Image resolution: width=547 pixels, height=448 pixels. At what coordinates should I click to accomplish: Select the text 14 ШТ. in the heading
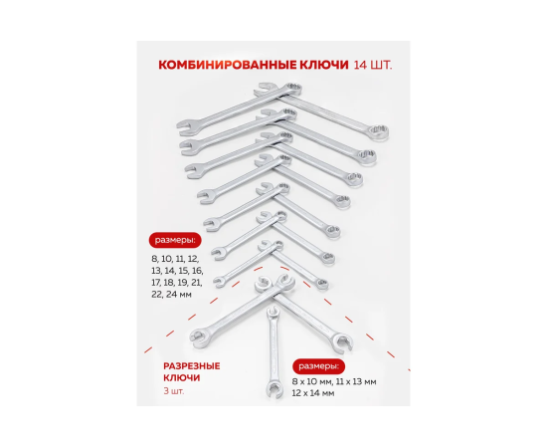pyautogui.click(x=373, y=65)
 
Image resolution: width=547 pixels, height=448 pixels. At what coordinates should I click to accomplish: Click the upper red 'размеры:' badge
pyautogui.click(x=175, y=240)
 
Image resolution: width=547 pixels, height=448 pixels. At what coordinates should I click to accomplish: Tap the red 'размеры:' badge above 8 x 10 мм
pyautogui.click(x=318, y=366)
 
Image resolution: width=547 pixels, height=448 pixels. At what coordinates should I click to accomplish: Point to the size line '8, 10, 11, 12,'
pyautogui.click(x=175, y=259)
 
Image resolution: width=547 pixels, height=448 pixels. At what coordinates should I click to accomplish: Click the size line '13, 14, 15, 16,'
pyautogui.click(x=177, y=271)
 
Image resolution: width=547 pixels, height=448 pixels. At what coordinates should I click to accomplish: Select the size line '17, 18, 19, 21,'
pyautogui.click(x=176, y=283)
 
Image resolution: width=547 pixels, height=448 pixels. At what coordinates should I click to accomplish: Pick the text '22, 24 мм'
pyautogui.click(x=172, y=295)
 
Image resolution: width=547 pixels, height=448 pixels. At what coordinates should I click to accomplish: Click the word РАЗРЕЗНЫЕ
pyautogui.click(x=192, y=366)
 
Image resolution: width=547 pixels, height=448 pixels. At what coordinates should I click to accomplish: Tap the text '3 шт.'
pyautogui.click(x=174, y=391)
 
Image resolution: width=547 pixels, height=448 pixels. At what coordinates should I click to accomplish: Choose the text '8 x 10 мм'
pyautogui.click(x=312, y=382)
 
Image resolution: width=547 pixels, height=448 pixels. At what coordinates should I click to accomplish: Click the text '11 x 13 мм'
pyautogui.click(x=356, y=382)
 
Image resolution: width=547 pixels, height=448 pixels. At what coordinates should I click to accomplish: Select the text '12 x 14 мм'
pyautogui.click(x=313, y=393)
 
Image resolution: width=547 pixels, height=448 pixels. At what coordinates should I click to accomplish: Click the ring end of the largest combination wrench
pyautogui.click(x=378, y=132)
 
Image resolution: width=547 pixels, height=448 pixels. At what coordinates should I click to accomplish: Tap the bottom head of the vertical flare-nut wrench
pyautogui.click(x=274, y=389)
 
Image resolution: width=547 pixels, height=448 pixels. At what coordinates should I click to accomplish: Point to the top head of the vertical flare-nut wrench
pyautogui.click(x=273, y=313)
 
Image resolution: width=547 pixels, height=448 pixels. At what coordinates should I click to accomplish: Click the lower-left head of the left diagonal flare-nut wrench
pyautogui.click(x=198, y=336)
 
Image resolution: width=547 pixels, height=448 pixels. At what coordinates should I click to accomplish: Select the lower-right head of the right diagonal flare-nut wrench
pyautogui.click(x=343, y=341)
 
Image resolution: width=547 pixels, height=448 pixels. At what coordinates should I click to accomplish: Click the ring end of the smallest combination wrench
pyautogui.click(x=321, y=284)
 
